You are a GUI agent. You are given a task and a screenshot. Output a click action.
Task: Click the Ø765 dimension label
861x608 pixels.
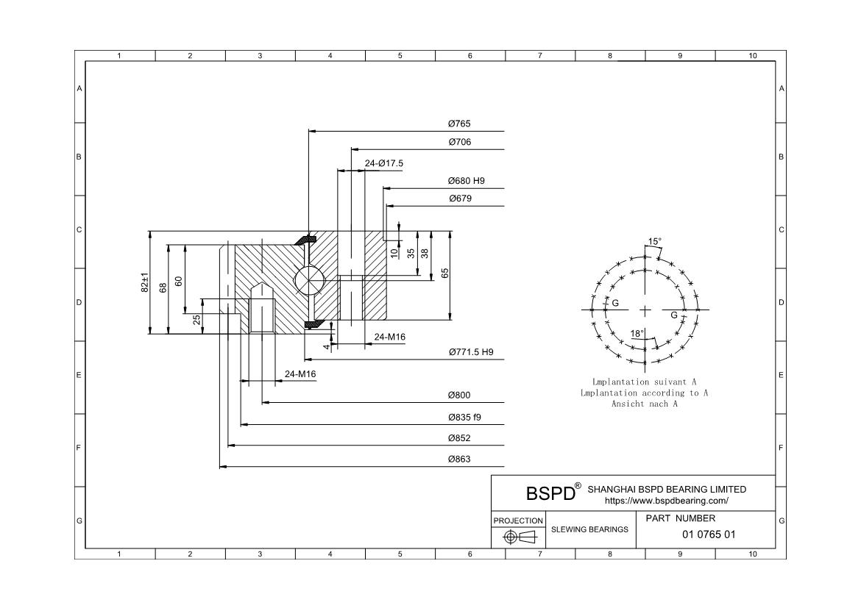point(459,124)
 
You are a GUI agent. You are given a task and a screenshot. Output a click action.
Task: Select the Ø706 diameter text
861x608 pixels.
point(459,142)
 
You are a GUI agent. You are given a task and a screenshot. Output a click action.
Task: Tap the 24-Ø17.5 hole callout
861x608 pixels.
point(384,163)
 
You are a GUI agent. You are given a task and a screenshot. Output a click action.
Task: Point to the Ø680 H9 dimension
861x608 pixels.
point(466,181)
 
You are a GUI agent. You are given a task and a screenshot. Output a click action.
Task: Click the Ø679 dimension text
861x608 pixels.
point(460,199)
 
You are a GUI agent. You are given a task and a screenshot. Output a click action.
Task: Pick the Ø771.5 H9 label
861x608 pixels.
point(471,352)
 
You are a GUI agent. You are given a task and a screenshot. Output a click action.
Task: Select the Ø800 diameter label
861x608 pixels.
point(459,396)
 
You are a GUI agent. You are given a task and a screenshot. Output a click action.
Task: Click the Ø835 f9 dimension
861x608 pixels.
point(464,417)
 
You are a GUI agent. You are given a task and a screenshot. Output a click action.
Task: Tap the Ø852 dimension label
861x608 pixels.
point(459,438)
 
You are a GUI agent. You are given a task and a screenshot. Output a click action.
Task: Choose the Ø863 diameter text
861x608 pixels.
point(459,459)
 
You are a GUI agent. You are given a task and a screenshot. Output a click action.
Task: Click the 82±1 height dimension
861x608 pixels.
point(145,283)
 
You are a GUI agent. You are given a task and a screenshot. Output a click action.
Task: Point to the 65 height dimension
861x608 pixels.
point(445,273)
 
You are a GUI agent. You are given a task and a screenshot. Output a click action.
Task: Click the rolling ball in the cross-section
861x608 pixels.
point(307,280)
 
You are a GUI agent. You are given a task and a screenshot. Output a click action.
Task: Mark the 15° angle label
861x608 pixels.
point(654,241)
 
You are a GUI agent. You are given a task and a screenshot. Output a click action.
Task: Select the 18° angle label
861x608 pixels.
point(637,334)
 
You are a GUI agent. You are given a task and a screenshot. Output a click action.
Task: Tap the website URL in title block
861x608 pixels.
point(666,501)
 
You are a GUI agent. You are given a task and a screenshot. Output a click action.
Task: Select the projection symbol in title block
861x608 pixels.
point(518,537)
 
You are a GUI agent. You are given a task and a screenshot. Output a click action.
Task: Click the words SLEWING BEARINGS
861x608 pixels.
point(589,529)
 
